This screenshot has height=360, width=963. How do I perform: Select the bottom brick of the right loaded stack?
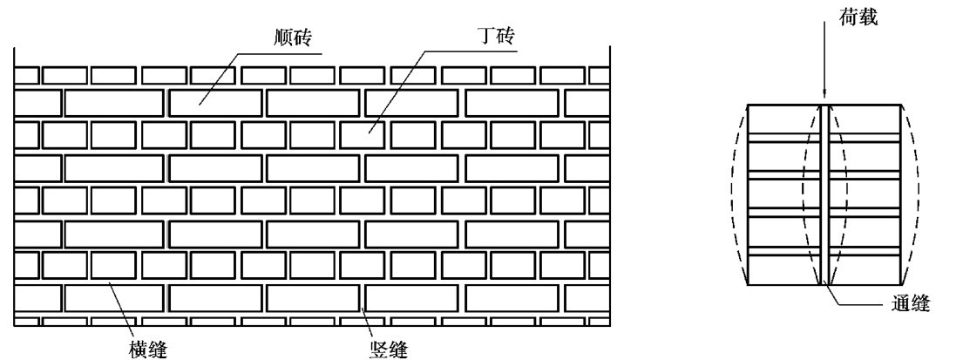[865, 271]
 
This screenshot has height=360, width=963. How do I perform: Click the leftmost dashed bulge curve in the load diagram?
[734, 196]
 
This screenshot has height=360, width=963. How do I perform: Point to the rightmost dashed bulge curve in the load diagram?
[914, 196]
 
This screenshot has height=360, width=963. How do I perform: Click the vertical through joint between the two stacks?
[824, 196]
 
